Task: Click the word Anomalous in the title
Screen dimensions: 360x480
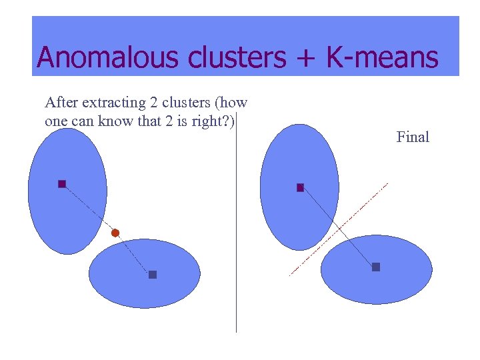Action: click(x=109, y=57)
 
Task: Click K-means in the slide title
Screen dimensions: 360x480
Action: click(x=382, y=57)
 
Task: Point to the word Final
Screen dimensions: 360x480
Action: click(x=413, y=137)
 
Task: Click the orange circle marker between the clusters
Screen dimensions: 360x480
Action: click(x=115, y=233)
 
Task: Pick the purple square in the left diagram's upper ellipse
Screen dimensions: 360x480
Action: click(x=62, y=183)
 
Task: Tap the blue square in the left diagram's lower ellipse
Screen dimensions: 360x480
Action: click(x=153, y=274)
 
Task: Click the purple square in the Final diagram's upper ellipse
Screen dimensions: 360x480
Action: click(x=300, y=187)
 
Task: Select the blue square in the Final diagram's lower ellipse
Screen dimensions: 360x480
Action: click(x=376, y=267)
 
